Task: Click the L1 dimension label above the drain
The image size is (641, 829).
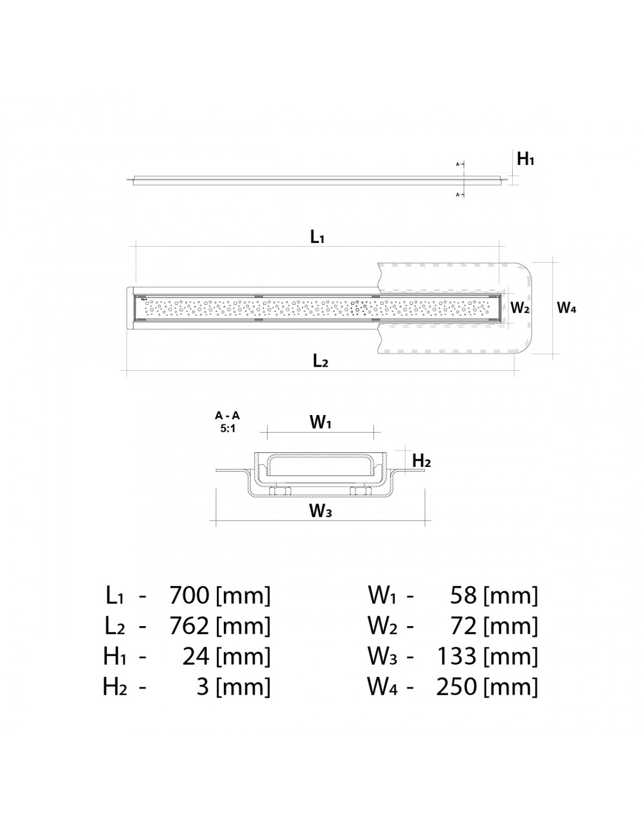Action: tap(317, 237)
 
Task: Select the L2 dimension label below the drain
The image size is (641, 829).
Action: tap(320, 361)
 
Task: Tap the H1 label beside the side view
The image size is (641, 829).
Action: tap(526, 159)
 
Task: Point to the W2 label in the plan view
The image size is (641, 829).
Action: tap(520, 308)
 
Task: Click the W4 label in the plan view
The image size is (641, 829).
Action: tap(566, 308)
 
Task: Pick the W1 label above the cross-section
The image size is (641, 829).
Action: tap(320, 423)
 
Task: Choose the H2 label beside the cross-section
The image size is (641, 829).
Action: tap(421, 461)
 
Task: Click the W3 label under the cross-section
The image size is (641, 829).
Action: tap(320, 511)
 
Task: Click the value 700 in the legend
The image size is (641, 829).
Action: tap(189, 595)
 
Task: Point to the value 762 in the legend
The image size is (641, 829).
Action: tap(189, 626)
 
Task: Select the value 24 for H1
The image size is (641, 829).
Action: tap(196, 656)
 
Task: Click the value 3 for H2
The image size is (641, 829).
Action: tap(203, 687)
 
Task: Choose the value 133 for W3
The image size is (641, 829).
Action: tap(457, 656)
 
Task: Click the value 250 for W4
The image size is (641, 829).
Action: tap(457, 687)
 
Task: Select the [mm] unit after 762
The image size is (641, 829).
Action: tap(243, 626)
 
